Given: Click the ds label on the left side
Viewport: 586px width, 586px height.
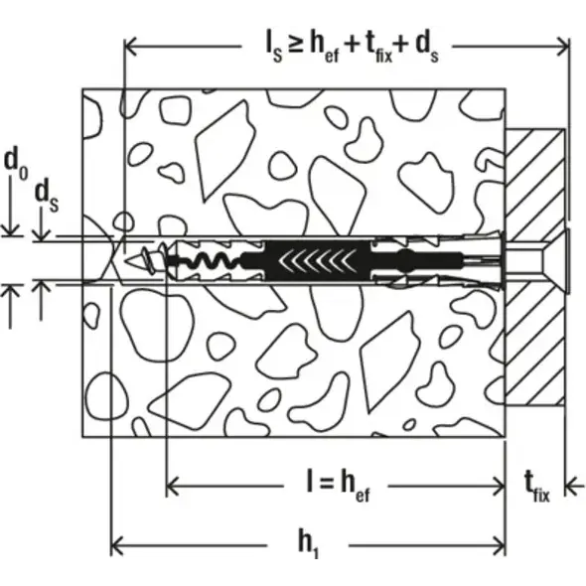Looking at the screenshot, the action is tap(47, 197).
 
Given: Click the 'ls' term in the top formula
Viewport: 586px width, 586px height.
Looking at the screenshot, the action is tap(273, 48).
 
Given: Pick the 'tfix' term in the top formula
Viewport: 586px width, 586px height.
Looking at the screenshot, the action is tap(377, 48).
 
